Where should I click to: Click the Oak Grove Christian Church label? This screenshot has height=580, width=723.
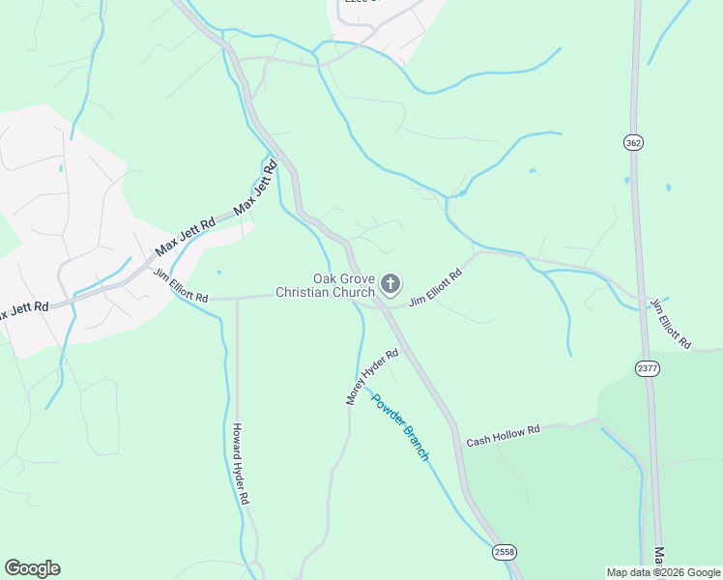click(325, 284)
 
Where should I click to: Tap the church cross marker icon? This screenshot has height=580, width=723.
click(390, 283)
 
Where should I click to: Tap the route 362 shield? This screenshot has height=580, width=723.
click(633, 142)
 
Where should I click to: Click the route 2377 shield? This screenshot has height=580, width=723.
click(647, 368)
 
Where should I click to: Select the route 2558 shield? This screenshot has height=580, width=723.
click(504, 552)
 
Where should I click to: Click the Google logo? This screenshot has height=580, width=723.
click(32, 568)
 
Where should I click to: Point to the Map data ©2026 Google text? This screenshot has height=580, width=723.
click(664, 572)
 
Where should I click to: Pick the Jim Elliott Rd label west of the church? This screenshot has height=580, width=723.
click(181, 286)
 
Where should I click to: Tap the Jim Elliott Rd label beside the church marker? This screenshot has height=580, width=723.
click(436, 288)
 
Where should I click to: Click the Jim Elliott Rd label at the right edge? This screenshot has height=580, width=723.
click(671, 323)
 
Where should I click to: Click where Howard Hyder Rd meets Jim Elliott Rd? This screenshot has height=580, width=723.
click(237, 299)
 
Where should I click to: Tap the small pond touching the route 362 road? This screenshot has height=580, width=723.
click(627, 180)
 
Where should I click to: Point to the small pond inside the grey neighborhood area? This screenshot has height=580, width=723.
click(60, 168)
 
